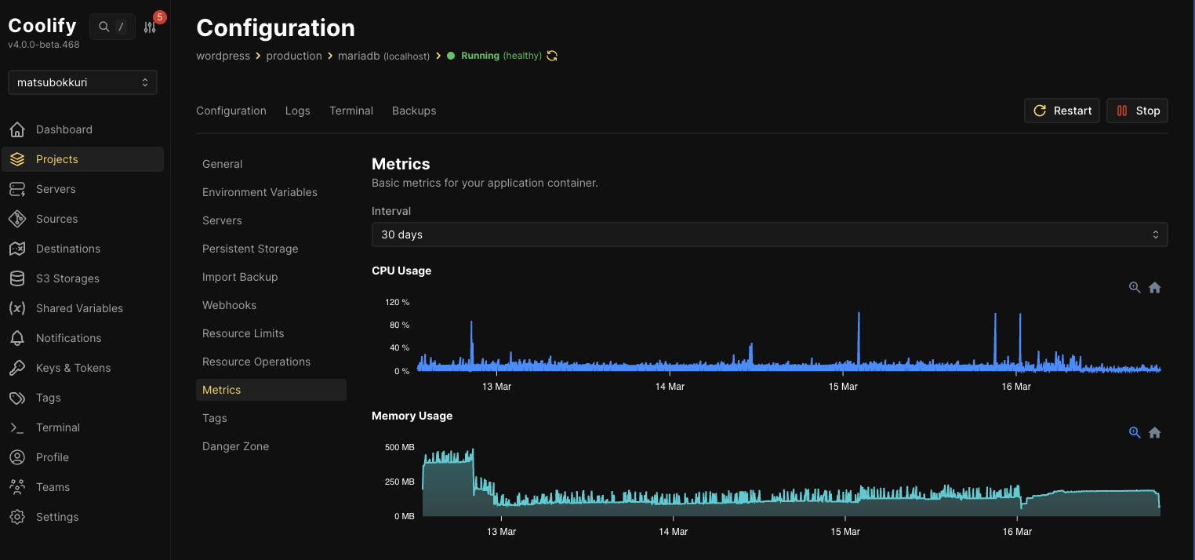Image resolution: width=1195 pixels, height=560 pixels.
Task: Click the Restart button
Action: click(1062, 111)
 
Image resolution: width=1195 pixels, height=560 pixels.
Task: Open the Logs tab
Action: click(297, 111)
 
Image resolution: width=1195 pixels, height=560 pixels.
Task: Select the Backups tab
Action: click(414, 111)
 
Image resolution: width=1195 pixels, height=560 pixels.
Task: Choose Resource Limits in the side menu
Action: click(243, 333)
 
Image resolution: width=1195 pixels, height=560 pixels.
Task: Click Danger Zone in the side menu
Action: click(235, 446)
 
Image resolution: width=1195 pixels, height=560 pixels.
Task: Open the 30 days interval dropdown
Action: click(769, 235)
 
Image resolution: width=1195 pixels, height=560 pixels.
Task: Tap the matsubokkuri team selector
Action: click(82, 82)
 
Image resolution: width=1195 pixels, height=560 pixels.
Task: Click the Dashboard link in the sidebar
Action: click(64, 129)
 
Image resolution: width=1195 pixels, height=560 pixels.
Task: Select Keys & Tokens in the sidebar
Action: click(73, 368)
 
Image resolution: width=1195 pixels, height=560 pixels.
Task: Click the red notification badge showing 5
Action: click(159, 17)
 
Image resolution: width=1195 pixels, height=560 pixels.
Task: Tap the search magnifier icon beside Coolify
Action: click(104, 27)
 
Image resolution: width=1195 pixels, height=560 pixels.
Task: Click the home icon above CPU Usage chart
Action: click(1154, 288)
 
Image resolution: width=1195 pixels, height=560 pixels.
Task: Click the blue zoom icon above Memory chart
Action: click(1135, 432)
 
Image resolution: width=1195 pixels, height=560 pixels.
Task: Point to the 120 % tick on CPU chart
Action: click(397, 302)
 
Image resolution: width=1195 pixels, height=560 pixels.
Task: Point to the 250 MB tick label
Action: click(400, 482)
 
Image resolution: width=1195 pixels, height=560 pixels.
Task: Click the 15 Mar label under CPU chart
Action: click(843, 387)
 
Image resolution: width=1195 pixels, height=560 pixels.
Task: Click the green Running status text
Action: click(480, 56)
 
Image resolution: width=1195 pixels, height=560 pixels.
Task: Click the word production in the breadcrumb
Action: click(294, 56)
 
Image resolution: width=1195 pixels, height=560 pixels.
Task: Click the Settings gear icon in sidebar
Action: click(17, 517)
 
